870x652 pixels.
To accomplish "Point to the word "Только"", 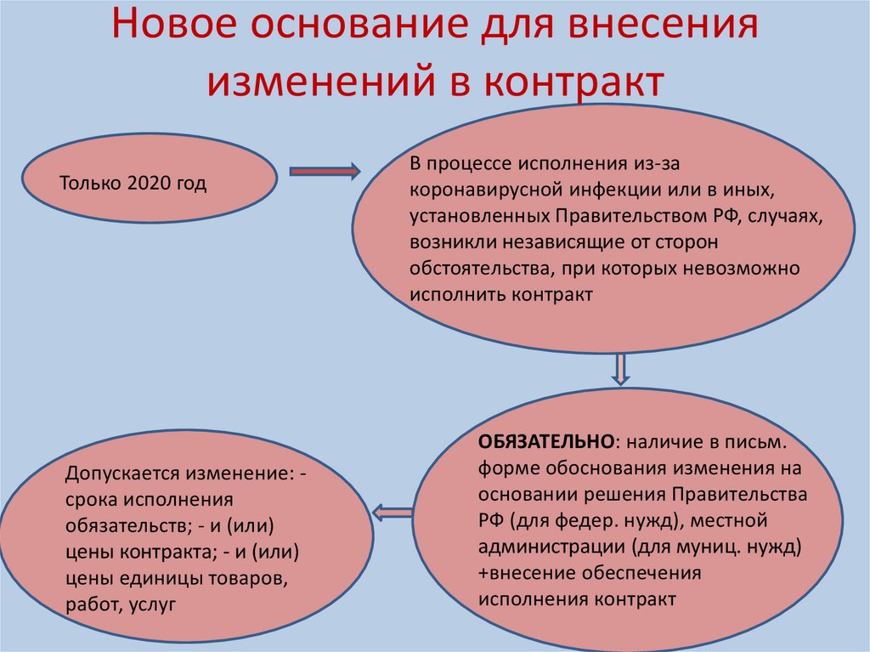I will click(91, 184).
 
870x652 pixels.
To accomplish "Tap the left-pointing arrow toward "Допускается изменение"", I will click(393, 512).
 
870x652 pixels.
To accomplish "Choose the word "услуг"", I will click(154, 605).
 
